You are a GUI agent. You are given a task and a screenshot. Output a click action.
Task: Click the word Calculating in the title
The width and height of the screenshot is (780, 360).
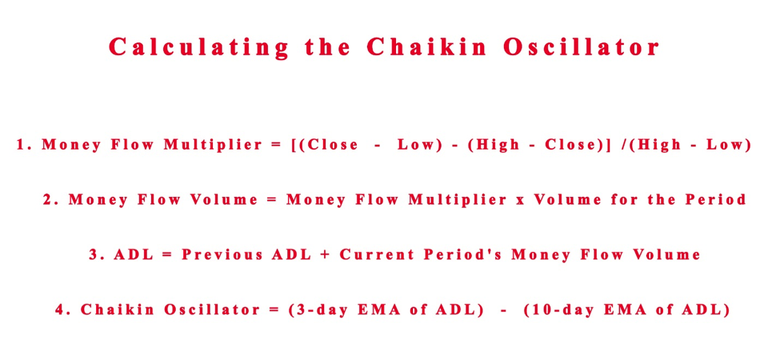point(198,48)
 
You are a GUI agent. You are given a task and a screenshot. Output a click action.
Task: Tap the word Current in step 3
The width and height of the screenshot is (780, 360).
point(377,255)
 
